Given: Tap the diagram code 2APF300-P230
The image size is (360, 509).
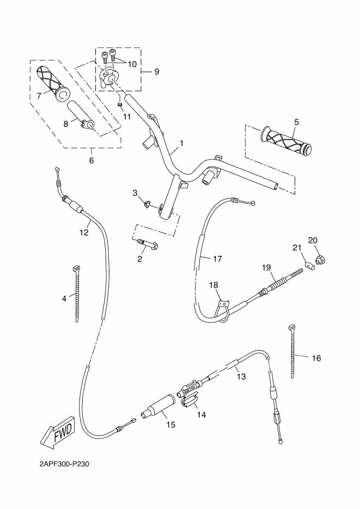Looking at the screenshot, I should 64,465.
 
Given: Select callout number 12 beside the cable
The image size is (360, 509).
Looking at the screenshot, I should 83,232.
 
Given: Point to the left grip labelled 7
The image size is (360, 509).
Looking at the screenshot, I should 52,83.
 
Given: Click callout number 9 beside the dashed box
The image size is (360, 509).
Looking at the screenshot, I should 157,71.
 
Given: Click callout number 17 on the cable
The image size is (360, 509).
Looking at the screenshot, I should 217,259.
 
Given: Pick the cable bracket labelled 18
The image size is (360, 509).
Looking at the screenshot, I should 222,305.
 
